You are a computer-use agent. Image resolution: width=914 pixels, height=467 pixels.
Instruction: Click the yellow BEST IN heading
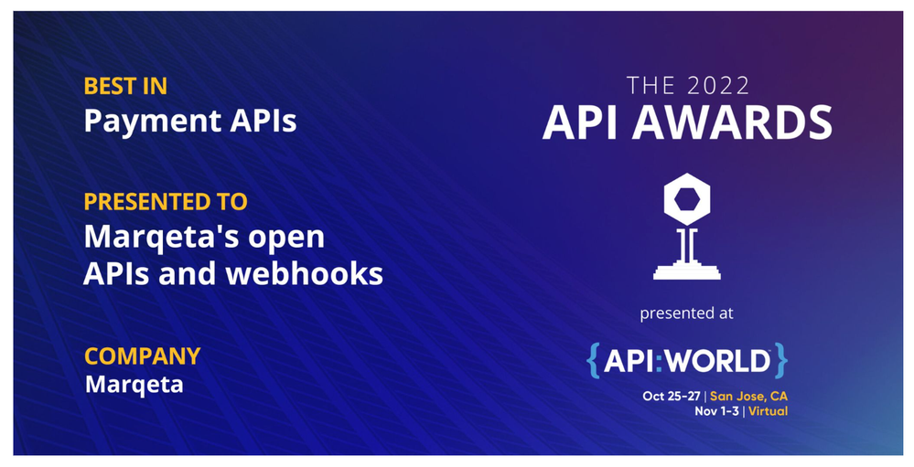(125, 86)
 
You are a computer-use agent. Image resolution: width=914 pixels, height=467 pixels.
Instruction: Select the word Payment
(151, 122)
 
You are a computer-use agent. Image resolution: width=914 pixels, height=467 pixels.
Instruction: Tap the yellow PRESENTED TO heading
(166, 201)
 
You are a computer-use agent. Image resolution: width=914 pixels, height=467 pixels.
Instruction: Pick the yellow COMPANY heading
(142, 356)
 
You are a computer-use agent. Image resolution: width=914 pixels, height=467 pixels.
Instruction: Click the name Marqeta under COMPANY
(134, 385)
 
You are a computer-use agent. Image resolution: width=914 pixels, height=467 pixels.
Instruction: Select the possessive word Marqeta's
(162, 237)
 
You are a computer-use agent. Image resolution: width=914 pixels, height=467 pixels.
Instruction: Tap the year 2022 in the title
(718, 86)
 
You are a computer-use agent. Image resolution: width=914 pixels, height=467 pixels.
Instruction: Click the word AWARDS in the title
(732, 122)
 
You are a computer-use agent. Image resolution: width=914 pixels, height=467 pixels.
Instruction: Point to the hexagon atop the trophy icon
(687, 200)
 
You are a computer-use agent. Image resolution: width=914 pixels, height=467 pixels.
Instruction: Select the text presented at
(686, 313)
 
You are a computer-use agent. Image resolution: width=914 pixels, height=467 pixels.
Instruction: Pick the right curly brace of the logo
(781, 361)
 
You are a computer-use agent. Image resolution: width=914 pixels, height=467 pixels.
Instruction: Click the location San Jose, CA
(748, 396)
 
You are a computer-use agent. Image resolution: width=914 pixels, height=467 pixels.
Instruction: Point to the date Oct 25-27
(672, 396)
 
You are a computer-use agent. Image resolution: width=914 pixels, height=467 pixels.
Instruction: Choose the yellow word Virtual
(769, 411)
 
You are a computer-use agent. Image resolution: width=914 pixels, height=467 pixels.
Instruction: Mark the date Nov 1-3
(716, 411)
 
